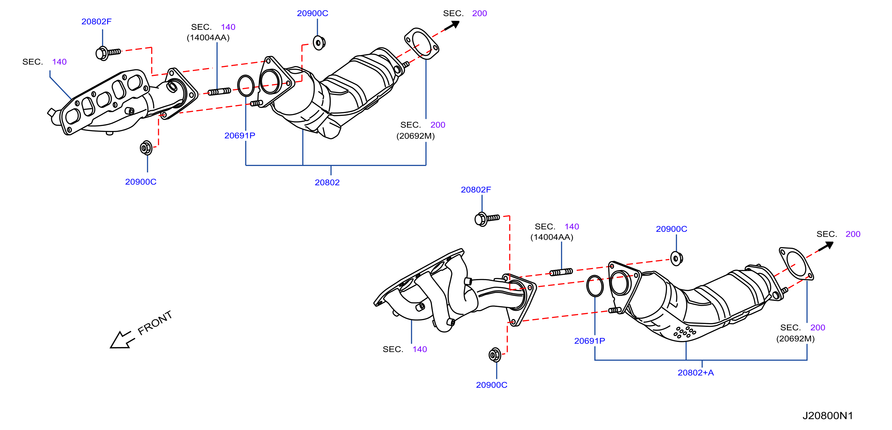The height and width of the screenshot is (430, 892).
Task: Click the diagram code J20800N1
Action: tap(828, 416)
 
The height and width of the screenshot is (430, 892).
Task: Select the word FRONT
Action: tap(155, 322)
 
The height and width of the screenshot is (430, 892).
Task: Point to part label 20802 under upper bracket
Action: tap(327, 182)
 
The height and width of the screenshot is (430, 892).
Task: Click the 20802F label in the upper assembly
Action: tap(96, 21)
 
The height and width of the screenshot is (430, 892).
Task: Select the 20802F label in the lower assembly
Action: tap(476, 190)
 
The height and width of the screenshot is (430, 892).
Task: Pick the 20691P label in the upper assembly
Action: tap(240, 136)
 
